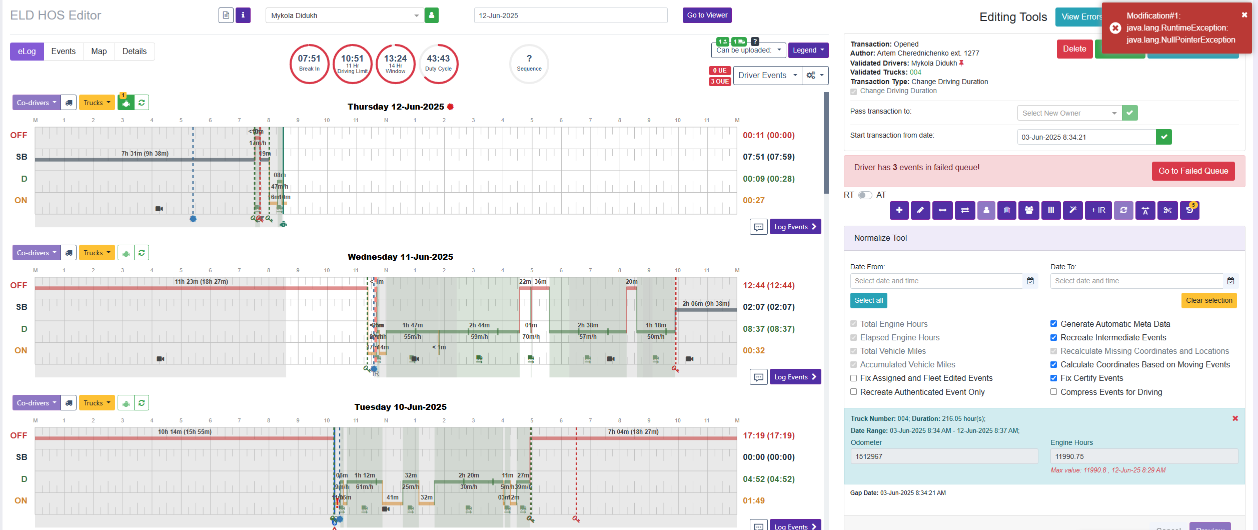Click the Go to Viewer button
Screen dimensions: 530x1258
tap(707, 16)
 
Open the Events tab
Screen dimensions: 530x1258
tap(63, 52)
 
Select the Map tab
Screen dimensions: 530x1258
tap(99, 52)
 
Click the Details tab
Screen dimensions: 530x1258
tap(135, 52)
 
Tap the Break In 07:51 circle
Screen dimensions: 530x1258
tap(309, 64)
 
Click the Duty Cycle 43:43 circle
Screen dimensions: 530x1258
tap(438, 64)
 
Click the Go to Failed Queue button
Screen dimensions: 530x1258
tap(1193, 171)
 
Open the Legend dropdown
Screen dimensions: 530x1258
tap(808, 50)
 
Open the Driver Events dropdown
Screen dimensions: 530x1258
tap(767, 76)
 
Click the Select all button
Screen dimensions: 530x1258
tap(868, 301)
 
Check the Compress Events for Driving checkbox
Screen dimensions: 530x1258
tap(1054, 392)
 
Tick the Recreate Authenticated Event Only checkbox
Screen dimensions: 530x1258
tap(854, 392)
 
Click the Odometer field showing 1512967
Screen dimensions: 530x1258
tap(943, 456)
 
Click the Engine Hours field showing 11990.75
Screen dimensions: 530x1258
tap(1143, 456)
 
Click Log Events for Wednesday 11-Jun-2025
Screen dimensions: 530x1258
tap(795, 377)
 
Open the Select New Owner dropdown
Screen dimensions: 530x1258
tap(1069, 113)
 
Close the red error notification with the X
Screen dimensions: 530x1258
tap(1244, 15)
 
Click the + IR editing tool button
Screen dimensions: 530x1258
tap(1098, 210)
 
